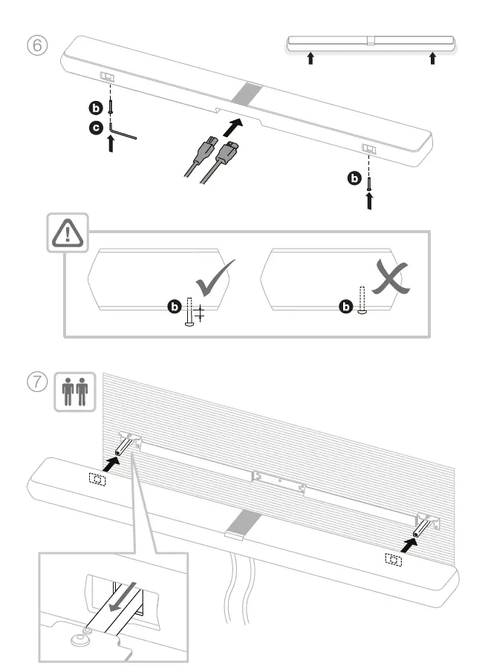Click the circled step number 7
click(38, 382)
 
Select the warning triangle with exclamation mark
click(68, 234)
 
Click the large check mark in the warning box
click(215, 278)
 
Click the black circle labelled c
click(96, 128)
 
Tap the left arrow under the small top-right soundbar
click(311, 59)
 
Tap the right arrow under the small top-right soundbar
click(432, 59)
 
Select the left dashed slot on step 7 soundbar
click(96, 479)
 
